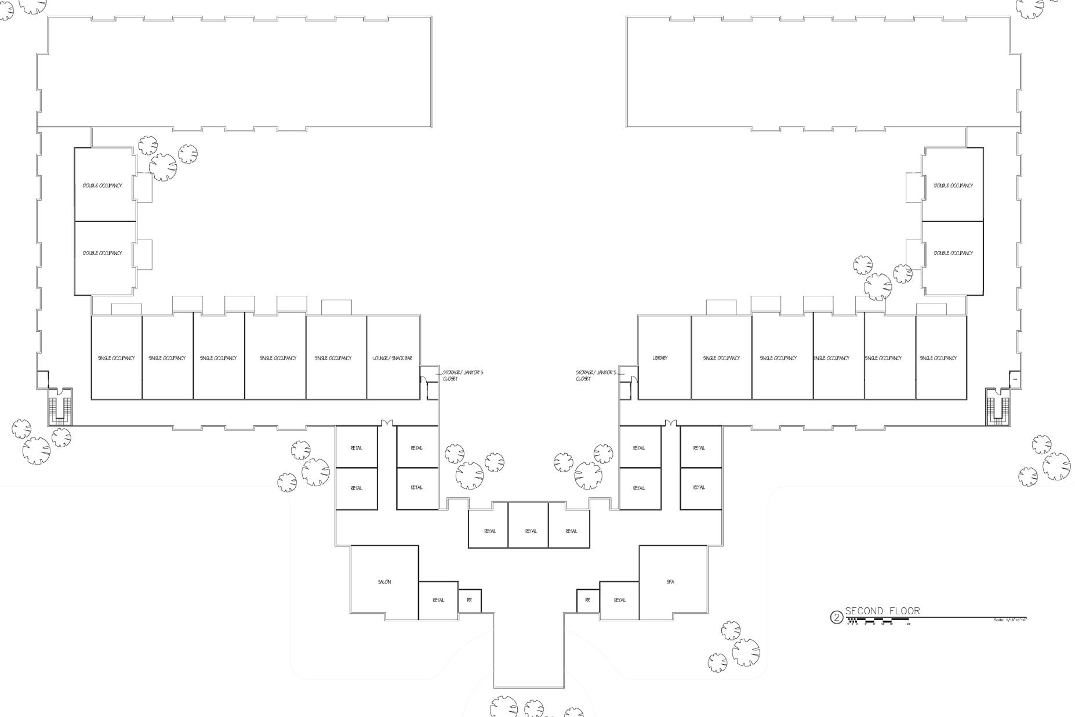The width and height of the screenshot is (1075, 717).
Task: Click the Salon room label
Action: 384,582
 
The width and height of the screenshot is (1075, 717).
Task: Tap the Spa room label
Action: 671,582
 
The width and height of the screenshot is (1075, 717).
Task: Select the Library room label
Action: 660,358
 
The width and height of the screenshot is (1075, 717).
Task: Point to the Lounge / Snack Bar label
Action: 392,358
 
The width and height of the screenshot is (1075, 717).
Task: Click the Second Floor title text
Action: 882,611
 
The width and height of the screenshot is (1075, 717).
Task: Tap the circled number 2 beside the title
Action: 836,617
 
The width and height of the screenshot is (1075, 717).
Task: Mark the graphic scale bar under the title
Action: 878,621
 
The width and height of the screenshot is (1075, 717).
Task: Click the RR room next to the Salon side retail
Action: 470,600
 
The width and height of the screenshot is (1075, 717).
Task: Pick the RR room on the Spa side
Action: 587,600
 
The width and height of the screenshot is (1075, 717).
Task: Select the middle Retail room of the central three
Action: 531,531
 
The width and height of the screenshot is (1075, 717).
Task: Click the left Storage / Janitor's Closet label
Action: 463,375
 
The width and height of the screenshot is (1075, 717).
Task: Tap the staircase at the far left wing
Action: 61,405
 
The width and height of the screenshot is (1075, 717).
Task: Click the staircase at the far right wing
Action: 998,406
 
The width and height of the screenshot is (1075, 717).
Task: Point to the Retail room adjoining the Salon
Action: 438,600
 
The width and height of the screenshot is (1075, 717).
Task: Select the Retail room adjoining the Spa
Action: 619,600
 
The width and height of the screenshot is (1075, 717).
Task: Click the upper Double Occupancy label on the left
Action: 103,186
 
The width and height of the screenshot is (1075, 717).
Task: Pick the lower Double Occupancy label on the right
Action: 953,253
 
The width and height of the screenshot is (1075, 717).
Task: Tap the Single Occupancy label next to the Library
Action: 721,358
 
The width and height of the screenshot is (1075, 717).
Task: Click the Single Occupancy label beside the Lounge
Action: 333,358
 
